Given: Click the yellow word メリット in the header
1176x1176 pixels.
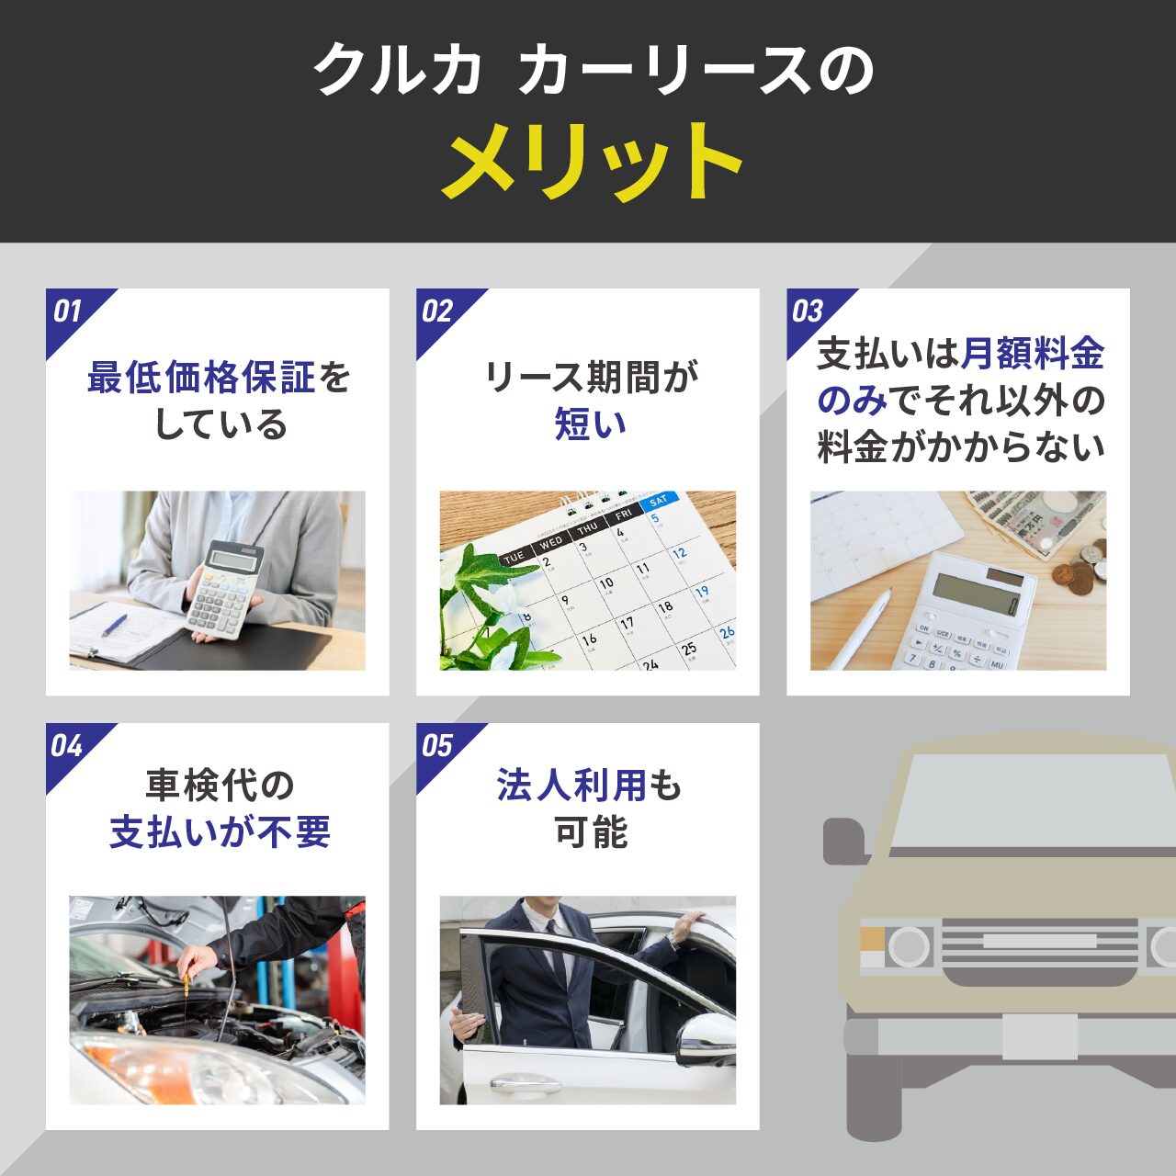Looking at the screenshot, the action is (592, 161).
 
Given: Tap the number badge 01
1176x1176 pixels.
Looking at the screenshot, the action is (67, 311).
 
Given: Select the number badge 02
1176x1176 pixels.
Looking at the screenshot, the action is (437, 311).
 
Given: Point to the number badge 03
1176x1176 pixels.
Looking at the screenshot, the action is (808, 311).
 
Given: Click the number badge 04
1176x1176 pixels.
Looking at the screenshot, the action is (66, 746).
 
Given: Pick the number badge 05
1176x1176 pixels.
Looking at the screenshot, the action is (437, 746).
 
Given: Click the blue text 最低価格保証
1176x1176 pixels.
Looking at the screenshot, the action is (201, 378).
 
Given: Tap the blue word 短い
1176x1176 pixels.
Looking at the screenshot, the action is (590, 424).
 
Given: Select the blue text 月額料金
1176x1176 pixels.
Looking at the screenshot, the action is (1032, 354).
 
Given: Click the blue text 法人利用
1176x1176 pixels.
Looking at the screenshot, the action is (571, 785).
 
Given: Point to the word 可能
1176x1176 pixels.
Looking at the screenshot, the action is (591, 831).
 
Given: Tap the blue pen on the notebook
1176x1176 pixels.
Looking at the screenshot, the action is (114, 627).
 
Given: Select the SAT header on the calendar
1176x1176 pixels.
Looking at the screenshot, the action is (659, 502).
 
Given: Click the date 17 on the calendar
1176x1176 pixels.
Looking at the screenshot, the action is (627, 624).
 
